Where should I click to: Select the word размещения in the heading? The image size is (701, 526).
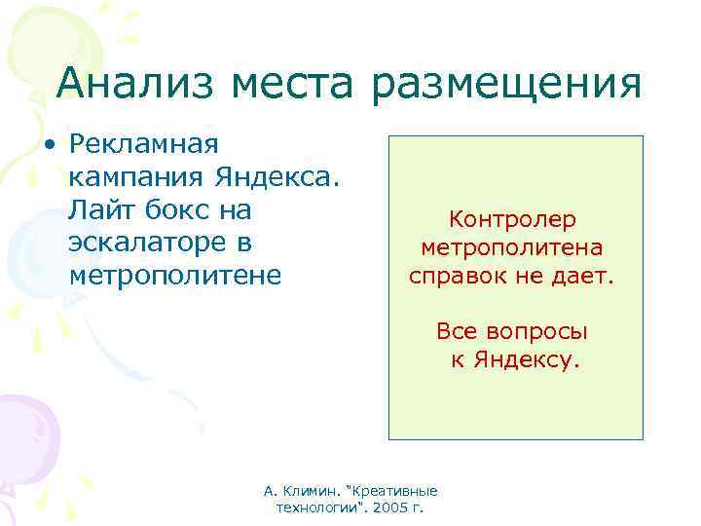506,85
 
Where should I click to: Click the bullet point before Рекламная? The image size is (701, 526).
49,145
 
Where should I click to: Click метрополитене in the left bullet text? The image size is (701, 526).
175,276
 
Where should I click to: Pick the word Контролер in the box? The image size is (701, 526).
512,221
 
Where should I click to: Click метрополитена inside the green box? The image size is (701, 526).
512,249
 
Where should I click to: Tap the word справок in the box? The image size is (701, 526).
459,278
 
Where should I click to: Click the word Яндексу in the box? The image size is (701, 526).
527,360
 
